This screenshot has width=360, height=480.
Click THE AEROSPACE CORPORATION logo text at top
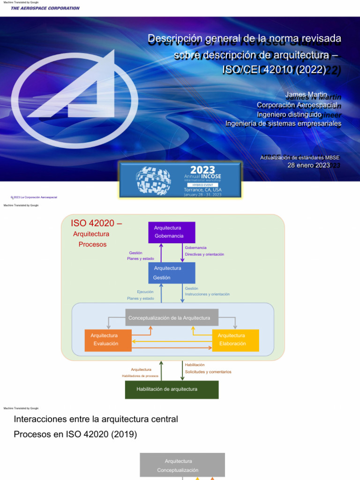[x=45, y=8]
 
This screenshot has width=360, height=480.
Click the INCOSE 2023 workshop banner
[x=180, y=180]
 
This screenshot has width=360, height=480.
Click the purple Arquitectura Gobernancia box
[x=172, y=232]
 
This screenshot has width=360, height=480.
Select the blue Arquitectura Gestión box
[x=172, y=273]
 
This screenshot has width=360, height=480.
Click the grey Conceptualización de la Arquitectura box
[x=172, y=318]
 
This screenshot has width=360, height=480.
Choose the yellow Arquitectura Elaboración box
[x=235, y=340]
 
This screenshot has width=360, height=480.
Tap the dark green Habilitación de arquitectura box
[x=172, y=389]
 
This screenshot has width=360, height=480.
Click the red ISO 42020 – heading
[x=96, y=223]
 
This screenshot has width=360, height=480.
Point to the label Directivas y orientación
[x=204, y=254]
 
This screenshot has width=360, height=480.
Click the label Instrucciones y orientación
[x=207, y=294]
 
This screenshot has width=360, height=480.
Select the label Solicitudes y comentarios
[x=208, y=372]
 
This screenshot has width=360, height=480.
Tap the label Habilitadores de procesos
[x=140, y=376]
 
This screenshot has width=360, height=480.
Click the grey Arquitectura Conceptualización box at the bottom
[x=182, y=465]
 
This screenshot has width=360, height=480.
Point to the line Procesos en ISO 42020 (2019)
[x=75, y=435]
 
